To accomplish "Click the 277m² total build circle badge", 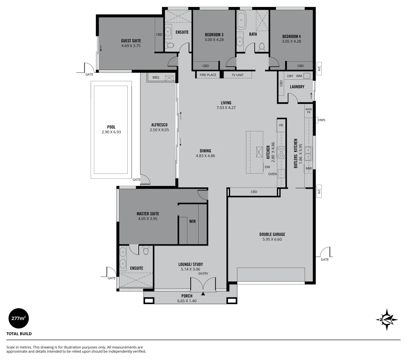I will (x=18, y=318).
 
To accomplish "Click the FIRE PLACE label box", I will (x=208, y=75).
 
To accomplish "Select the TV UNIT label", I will (x=237, y=75).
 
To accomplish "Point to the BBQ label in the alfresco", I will (x=156, y=77).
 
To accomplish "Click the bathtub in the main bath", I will (x=241, y=20).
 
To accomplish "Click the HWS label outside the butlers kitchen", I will (x=322, y=120).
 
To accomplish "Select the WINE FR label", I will (x=308, y=111).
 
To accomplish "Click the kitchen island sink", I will (x=259, y=152).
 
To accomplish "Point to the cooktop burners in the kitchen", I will (x=281, y=152).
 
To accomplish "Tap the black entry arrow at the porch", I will (x=203, y=294).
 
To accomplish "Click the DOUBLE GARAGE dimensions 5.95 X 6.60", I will (x=272, y=239).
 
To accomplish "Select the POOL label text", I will (x=111, y=127).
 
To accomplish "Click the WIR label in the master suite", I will (x=192, y=221).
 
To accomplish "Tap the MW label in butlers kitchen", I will (x=308, y=169).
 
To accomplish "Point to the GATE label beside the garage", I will (x=324, y=259).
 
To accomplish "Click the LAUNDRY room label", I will (x=297, y=87).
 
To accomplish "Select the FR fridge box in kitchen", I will (x=281, y=125).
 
